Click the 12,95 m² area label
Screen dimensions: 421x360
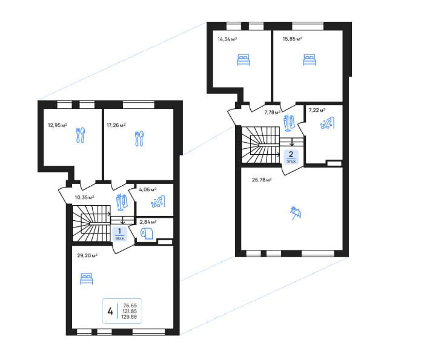tap(58, 125)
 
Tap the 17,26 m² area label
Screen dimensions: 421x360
tap(116, 125)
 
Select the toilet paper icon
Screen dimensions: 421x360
tap(147, 234)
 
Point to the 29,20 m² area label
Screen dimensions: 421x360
tap(87, 255)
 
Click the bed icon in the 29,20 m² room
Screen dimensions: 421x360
tap(87, 279)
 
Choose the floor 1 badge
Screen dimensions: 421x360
tap(120, 234)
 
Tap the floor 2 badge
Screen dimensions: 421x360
tap(291, 157)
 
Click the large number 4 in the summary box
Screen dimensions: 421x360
tap(110, 312)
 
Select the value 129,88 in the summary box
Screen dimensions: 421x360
tap(130, 317)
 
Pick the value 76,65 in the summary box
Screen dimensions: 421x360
tap(130, 306)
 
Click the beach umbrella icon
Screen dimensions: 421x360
tap(296, 213)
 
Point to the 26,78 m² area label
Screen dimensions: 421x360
tap(262, 180)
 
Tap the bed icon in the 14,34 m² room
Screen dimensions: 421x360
tap(244, 60)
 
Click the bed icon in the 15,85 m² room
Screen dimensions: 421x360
tap(310, 60)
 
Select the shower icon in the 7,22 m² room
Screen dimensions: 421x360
tap(327, 123)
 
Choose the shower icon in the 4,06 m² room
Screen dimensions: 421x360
tap(158, 202)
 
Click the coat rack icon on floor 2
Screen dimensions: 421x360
tap(290, 123)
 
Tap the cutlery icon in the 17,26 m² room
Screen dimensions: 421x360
tap(139, 139)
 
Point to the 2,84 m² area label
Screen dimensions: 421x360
tap(148, 222)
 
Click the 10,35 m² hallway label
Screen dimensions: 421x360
tap(84, 197)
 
